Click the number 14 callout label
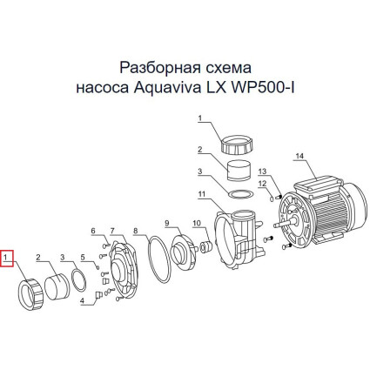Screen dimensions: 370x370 point(299,156)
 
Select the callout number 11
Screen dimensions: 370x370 point(202,194)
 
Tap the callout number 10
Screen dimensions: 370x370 point(197,223)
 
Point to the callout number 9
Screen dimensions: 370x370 point(166,223)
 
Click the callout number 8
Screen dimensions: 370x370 point(135,231)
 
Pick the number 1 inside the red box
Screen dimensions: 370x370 point(5,257)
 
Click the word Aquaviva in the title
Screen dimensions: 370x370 point(167,88)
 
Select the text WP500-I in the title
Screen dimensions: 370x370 point(262,88)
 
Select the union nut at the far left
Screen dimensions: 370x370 point(30,294)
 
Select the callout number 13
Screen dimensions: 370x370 point(262,172)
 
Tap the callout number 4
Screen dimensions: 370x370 point(82,301)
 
